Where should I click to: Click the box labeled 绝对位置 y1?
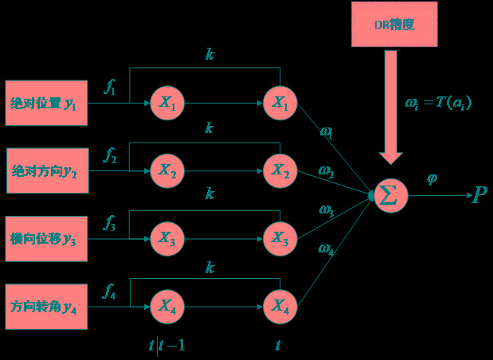50,103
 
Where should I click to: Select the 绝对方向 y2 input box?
50,170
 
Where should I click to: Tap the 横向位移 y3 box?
50,237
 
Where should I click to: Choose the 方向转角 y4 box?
50,304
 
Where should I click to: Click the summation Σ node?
388,194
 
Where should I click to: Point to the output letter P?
479,194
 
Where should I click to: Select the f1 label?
110,88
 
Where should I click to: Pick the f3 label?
110,224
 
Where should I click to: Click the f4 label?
110,292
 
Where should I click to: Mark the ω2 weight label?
326,171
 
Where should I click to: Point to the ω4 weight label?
326,248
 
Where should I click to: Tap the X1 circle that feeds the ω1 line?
280,103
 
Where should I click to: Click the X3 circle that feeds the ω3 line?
280,237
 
